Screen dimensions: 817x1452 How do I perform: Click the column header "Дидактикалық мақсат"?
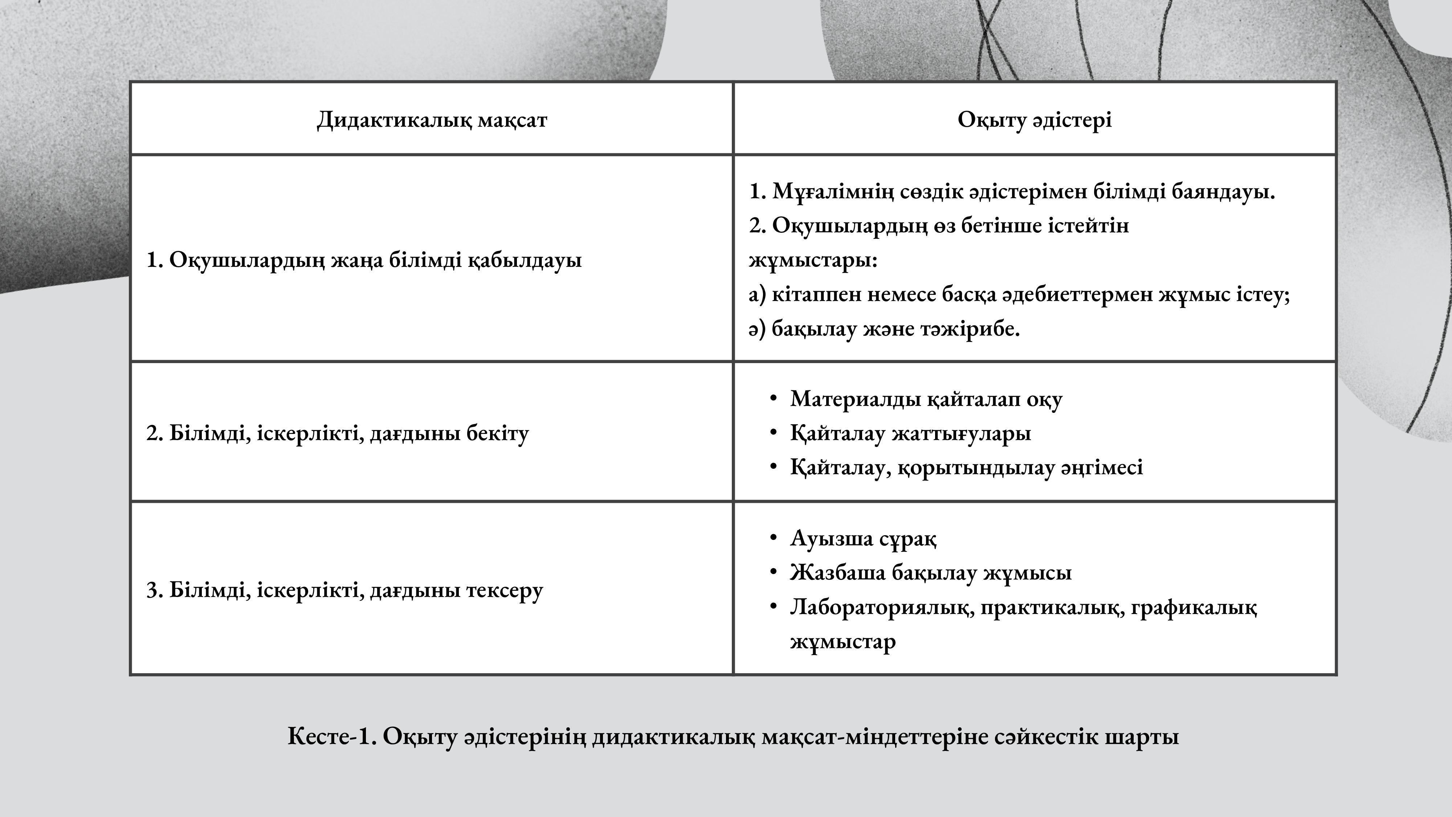click(x=432, y=119)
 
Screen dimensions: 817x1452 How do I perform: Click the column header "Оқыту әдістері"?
click(x=1034, y=119)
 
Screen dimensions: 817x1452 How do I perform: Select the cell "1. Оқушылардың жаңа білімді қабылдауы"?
click(x=364, y=260)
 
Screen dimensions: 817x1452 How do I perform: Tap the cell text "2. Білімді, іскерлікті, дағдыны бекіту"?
click(x=338, y=433)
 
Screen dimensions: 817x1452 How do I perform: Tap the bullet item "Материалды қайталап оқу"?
click(x=926, y=399)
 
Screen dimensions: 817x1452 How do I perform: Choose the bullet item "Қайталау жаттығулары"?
click(x=910, y=433)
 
